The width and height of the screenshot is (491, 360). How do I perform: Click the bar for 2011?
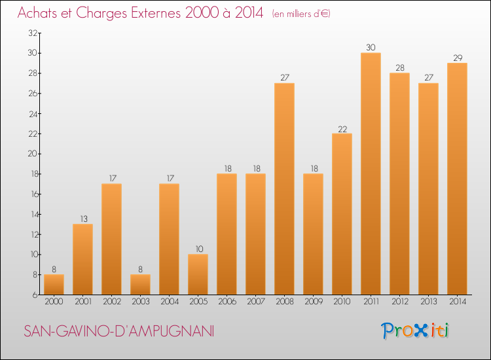click(x=371, y=173)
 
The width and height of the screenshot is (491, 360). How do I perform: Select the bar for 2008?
click(x=284, y=189)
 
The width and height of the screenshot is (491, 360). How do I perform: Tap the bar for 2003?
click(x=140, y=284)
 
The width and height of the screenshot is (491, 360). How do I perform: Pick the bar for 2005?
click(x=198, y=274)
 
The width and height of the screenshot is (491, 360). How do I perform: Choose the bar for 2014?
click(x=457, y=179)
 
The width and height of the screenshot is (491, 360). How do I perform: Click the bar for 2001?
click(x=82, y=259)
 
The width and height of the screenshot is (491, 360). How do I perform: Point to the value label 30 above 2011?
click(x=371, y=47)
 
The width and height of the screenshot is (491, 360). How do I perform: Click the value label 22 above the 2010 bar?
click(x=342, y=128)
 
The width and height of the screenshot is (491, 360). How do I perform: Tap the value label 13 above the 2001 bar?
click(x=82, y=219)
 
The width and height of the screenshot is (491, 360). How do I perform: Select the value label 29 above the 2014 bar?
click(x=457, y=58)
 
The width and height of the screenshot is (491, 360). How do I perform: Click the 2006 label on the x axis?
click(x=227, y=302)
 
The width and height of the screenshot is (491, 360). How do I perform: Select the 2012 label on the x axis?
click(x=399, y=302)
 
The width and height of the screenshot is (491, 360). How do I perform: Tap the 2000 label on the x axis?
click(x=54, y=302)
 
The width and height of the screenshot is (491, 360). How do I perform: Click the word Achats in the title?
click(x=41, y=14)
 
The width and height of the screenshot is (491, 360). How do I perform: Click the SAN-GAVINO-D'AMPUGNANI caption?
click(x=118, y=331)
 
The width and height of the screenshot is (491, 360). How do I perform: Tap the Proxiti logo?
click(x=416, y=331)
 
